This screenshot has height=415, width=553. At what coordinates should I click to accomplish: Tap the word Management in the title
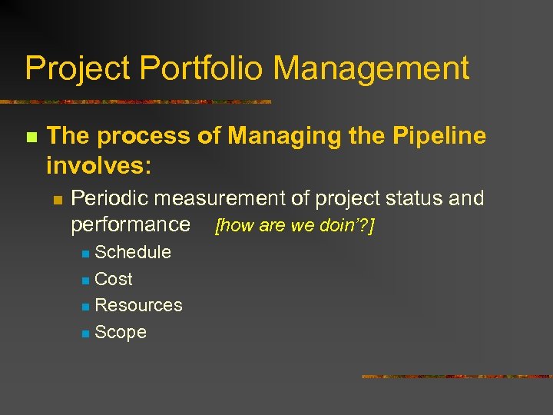tap(371, 68)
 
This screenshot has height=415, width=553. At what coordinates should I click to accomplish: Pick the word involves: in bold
tap(99, 165)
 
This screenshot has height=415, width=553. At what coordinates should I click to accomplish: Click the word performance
tap(130, 224)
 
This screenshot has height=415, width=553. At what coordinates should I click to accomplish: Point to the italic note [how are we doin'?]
tap(295, 226)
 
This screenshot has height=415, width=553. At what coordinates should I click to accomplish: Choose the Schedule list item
tap(132, 252)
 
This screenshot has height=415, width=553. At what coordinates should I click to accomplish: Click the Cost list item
tap(113, 279)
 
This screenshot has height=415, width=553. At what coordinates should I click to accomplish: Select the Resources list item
tap(138, 305)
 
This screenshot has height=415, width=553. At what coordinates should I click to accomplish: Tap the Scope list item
tap(120, 332)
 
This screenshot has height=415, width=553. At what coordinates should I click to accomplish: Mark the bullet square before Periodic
tap(56, 200)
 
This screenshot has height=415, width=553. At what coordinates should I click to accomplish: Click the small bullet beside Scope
tap(85, 333)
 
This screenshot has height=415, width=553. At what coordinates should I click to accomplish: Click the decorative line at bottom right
tap(456, 377)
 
